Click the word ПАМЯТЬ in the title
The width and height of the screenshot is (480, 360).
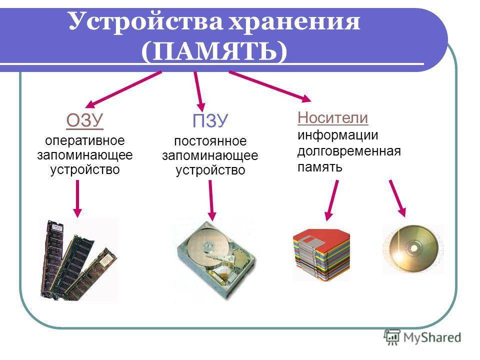point(214,51)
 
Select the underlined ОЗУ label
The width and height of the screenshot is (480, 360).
point(85,120)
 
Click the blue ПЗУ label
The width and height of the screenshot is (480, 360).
point(210,120)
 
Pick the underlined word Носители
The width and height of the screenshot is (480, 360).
point(333,118)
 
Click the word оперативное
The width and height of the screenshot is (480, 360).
point(85,141)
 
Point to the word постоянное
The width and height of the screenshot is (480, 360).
point(210,141)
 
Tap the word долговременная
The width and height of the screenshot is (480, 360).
point(349,151)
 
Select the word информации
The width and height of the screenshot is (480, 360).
point(337,135)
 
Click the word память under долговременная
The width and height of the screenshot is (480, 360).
point(319,167)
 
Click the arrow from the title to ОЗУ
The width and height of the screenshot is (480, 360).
point(123,89)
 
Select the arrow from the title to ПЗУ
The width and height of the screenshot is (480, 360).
point(199,91)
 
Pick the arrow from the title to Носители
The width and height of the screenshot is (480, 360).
point(270,86)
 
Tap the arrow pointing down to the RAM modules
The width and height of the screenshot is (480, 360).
point(77,198)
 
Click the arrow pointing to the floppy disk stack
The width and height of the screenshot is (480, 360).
point(332,200)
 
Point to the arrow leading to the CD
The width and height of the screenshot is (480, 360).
point(397,198)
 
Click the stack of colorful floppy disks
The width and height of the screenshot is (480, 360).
point(321,254)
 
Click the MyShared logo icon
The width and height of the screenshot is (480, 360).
point(392,337)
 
